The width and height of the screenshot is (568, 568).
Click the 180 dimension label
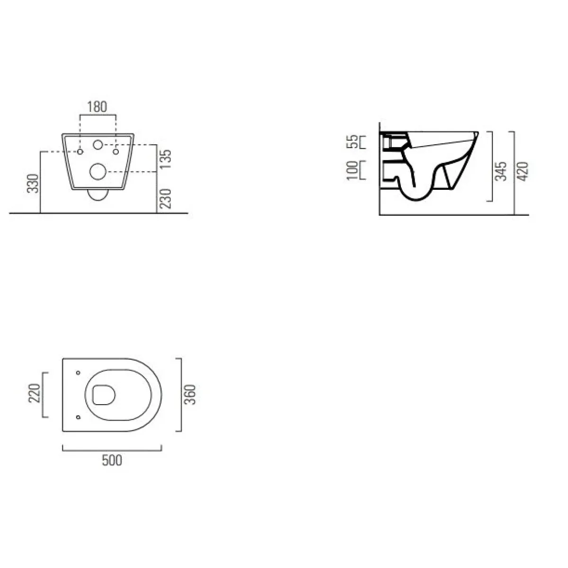[x=98, y=106]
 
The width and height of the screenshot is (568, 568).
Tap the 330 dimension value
[x=33, y=183]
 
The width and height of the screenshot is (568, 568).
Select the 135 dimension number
[x=167, y=159]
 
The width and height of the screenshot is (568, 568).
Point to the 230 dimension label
[x=167, y=199]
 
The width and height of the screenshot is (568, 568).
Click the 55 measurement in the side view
[x=352, y=142]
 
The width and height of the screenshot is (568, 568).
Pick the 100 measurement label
[x=352, y=170]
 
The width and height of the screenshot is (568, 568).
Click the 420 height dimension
[x=523, y=171]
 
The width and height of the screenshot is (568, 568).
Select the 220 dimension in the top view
[x=34, y=393]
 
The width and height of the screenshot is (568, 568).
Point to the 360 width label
[x=190, y=394]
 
